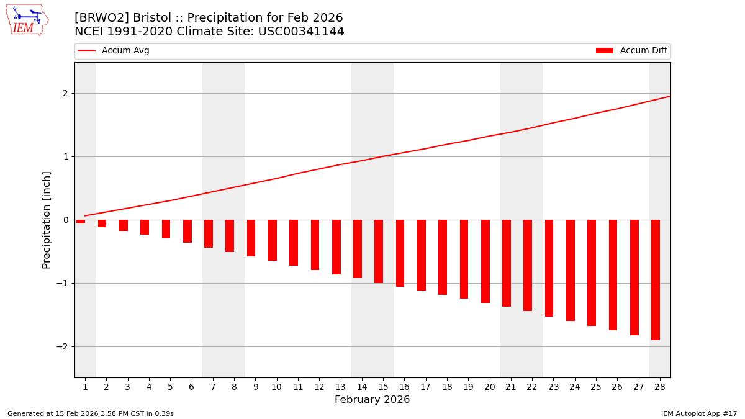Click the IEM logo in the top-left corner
[x=27, y=20]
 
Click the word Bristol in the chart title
[x=152, y=18]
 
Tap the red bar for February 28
[x=656, y=279]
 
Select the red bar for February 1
[x=81, y=222]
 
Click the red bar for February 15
[x=379, y=251]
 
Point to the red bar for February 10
[x=273, y=240]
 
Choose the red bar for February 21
[x=507, y=263]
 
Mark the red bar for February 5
[x=166, y=229]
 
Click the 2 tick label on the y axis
[x=65, y=93]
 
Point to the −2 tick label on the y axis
[x=63, y=346]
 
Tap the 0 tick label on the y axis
[x=65, y=220]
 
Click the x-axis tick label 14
[x=361, y=387]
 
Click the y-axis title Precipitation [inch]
[x=47, y=220]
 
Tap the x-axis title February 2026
[x=372, y=400]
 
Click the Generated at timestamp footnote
[x=91, y=413]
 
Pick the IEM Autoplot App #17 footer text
[x=698, y=413]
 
